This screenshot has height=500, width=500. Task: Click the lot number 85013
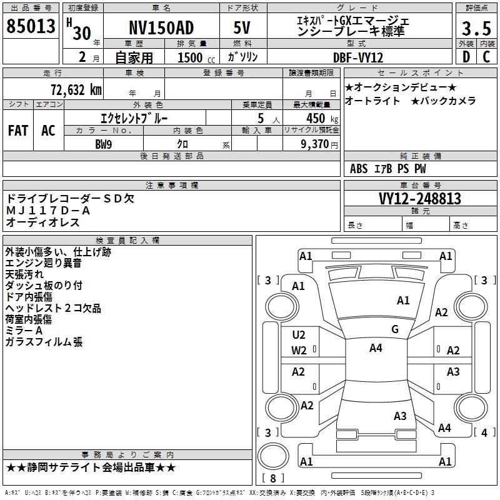31,26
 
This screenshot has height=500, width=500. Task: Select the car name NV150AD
161,27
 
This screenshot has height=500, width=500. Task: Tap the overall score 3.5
476,28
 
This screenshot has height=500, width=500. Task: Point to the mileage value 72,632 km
76,89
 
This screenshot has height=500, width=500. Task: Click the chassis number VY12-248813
420,198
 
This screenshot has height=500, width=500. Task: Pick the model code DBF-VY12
358,57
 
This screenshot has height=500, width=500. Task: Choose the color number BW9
104,144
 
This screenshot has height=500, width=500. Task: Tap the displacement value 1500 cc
196,57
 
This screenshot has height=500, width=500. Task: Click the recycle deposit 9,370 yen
319,144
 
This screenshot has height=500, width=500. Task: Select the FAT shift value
18,131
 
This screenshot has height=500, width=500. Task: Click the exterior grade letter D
466,57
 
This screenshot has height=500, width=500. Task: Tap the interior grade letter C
486,57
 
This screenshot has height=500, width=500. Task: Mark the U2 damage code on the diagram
299,335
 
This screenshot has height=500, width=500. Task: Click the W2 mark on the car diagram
299,351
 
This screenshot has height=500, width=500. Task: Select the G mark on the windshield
395,329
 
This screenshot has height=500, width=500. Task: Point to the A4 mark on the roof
376,348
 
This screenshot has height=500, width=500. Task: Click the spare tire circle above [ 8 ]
273,456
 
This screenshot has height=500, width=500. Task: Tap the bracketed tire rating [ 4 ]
484,432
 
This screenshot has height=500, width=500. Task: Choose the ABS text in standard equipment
359,169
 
